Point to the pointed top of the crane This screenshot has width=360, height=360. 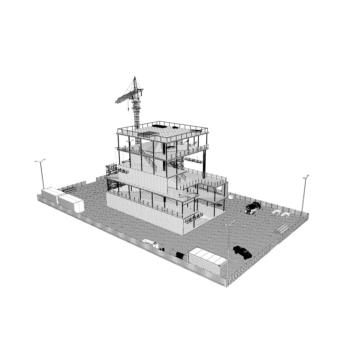click(135, 78)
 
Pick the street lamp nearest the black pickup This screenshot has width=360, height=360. click(229, 250)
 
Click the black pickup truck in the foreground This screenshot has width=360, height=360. click(243, 252)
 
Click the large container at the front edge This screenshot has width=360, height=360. click(207, 261)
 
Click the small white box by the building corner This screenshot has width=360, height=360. click(231, 197)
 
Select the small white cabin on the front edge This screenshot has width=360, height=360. click(150, 243)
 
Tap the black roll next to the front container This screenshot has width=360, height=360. click(180, 256)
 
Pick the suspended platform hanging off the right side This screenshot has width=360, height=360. click(194, 160)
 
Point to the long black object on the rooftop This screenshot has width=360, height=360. click(159, 126)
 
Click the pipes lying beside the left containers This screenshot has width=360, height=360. click(69, 190)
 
